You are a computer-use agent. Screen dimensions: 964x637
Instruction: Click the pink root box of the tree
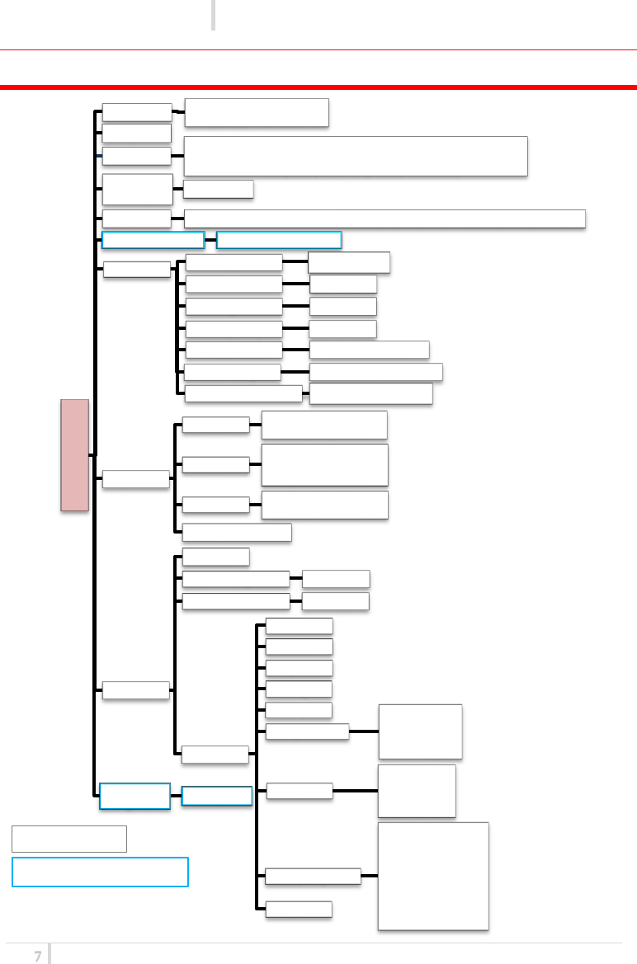[74, 455]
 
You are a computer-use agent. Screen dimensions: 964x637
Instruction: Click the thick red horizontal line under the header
[318, 86]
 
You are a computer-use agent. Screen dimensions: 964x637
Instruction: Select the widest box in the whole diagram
[385, 219]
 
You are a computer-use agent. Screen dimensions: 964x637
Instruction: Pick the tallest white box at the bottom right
[433, 876]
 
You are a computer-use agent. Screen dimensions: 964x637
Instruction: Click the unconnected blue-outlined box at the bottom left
[100, 872]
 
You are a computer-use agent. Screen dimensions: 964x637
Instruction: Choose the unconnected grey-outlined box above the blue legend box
[69, 838]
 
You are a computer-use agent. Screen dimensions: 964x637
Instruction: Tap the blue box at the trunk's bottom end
[134, 796]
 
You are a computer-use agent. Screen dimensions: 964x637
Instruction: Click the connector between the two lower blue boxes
[176, 796]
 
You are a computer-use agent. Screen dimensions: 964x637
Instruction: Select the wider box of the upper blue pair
[279, 240]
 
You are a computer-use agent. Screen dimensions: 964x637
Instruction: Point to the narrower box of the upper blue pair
[153, 240]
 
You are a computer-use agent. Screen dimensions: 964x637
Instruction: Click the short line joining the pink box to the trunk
[92, 454]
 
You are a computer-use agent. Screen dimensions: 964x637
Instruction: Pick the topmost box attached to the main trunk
[137, 112]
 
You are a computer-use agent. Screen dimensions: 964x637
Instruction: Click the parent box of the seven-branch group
[136, 269]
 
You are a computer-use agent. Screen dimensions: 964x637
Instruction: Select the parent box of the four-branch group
[136, 479]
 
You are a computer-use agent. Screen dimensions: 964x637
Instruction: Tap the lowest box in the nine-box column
[299, 909]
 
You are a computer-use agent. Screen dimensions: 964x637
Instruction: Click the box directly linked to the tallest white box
[313, 876]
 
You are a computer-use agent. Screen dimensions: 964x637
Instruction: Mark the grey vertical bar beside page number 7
[49, 954]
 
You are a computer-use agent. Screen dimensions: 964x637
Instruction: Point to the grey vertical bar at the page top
[213, 15]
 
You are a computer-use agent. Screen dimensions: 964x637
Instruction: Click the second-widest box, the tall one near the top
[355, 156]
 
